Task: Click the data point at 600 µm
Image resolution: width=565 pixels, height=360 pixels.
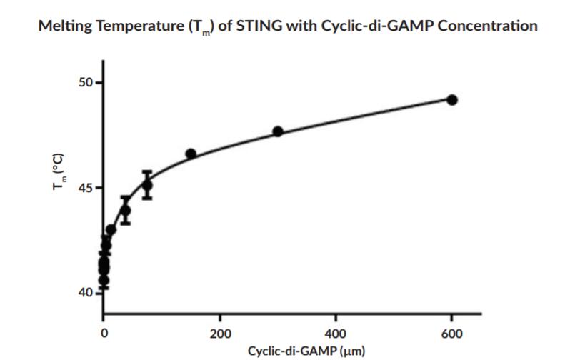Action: tap(451, 99)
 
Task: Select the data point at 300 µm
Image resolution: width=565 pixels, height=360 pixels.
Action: tap(278, 131)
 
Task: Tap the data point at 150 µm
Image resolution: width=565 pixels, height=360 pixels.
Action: tap(191, 154)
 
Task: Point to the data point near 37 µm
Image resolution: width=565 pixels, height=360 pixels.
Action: tap(125, 210)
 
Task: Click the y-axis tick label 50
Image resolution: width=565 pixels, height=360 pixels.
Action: tap(86, 82)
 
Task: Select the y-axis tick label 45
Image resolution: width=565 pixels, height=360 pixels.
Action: tap(86, 188)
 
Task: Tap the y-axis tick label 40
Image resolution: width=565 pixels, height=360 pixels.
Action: tap(86, 293)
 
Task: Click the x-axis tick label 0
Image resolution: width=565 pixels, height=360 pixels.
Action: tap(104, 334)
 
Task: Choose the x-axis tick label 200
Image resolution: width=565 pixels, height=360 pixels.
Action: tap(220, 334)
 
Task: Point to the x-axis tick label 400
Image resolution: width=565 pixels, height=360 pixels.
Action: tap(336, 334)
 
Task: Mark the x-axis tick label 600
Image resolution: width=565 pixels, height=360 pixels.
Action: tap(451, 334)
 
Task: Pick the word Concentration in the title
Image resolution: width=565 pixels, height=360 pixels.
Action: tap(482, 26)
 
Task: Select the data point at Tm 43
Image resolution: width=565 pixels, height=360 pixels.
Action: tap(111, 230)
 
